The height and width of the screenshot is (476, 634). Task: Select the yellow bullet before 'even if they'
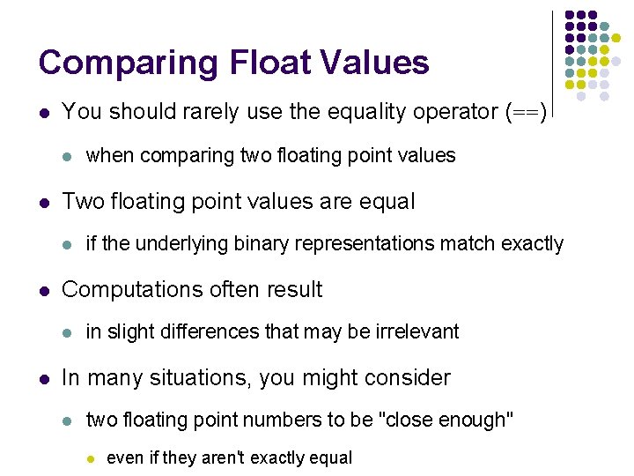(88, 458)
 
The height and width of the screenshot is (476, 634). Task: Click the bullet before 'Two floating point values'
(44, 202)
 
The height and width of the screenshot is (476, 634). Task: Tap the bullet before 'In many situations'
(44, 379)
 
